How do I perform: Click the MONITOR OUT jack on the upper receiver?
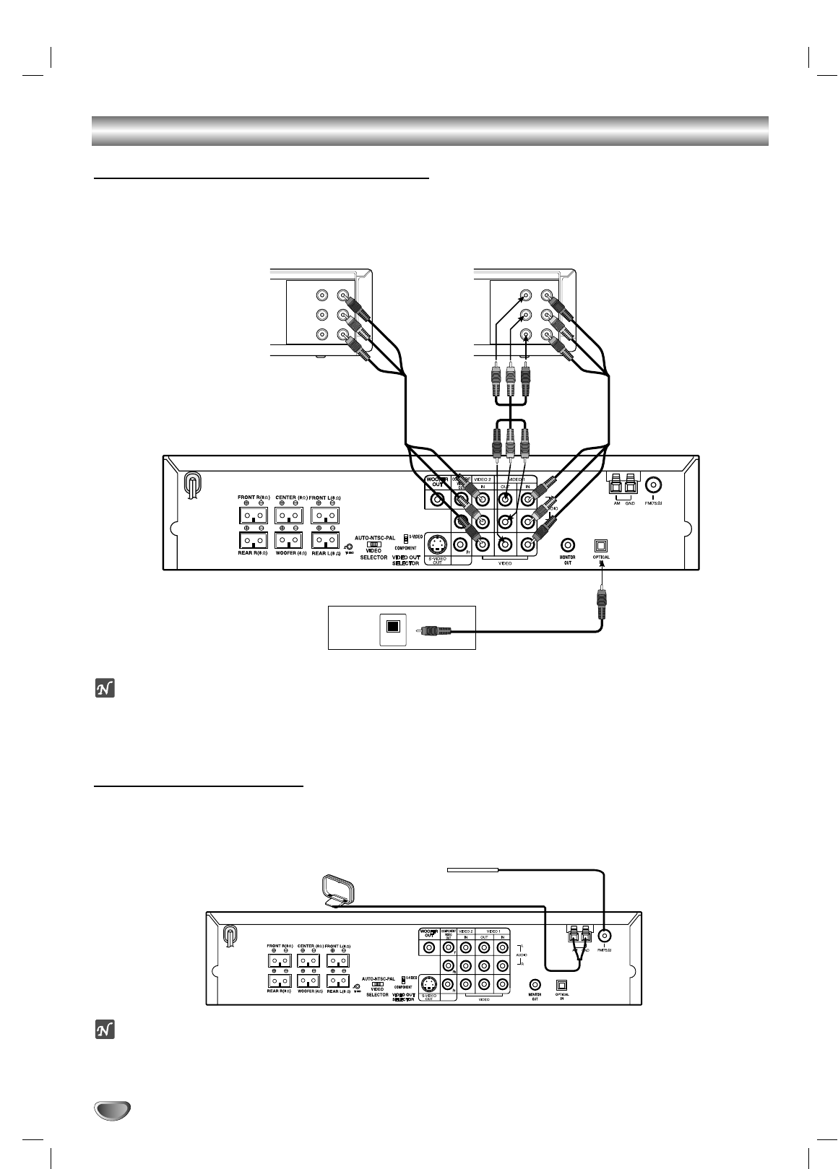point(568,544)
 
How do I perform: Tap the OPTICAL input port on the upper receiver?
point(601,545)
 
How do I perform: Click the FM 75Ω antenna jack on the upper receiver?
point(653,484)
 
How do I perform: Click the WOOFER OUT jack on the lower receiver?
point(430,947)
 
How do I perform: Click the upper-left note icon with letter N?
point(104,690)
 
